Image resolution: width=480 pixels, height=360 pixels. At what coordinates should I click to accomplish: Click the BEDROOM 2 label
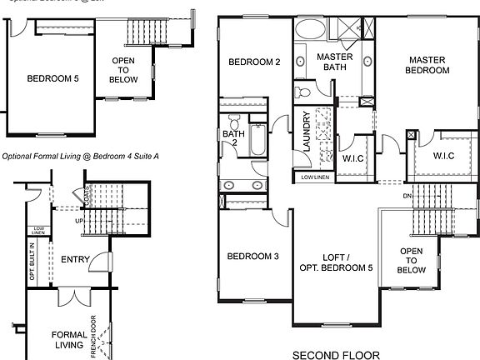255,62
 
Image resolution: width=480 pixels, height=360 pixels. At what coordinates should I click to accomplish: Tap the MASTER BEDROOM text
428,65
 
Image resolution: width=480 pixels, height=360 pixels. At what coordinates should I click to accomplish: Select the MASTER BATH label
334,62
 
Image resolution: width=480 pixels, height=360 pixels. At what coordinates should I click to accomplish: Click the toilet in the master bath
304,87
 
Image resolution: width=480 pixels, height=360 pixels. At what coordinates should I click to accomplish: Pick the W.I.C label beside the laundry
353,157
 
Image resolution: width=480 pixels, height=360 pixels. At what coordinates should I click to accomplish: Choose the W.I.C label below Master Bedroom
443,155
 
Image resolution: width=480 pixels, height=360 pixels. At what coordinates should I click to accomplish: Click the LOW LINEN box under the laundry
313,177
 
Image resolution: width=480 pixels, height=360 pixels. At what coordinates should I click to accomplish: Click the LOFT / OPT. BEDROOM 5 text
336,262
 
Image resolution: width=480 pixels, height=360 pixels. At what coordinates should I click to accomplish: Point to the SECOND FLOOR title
336,354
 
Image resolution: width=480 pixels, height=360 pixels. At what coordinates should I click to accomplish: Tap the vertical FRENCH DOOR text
93,335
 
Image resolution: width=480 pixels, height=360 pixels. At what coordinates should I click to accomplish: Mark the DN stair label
408,197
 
